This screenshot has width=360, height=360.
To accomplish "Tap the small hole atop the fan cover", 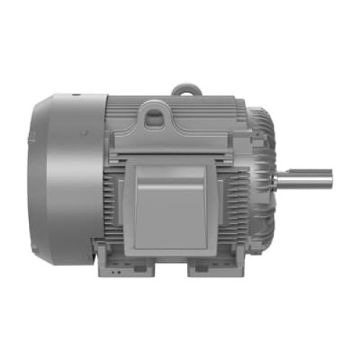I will (x=76, y=93).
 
